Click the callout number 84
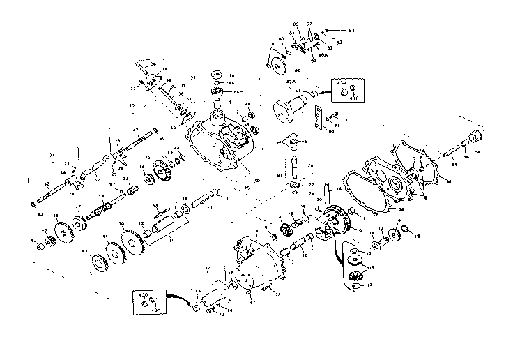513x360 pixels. point(352,31)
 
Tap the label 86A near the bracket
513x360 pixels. point(323,54)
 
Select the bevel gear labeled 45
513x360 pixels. point(163,170)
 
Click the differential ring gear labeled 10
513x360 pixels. point(332,222)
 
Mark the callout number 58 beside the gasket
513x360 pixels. point(401,209)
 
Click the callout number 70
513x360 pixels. point(231,75)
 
